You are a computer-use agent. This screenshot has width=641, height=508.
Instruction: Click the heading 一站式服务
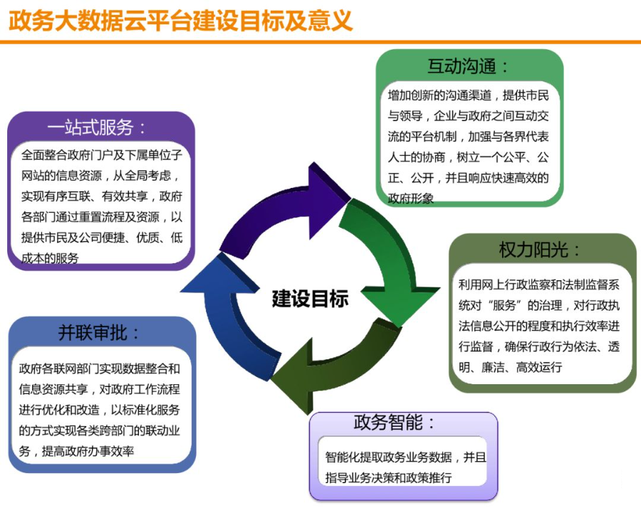coord(96,128)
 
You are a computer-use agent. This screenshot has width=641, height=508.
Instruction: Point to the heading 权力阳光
coord(540,250)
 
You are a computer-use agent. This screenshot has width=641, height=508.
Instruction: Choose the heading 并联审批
coord(99,333)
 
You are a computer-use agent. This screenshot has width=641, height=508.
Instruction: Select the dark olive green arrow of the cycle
coord(335,370)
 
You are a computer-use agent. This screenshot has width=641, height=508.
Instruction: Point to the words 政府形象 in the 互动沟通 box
coord(410,199)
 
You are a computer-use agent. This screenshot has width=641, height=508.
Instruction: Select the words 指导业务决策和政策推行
coord(388,477)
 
